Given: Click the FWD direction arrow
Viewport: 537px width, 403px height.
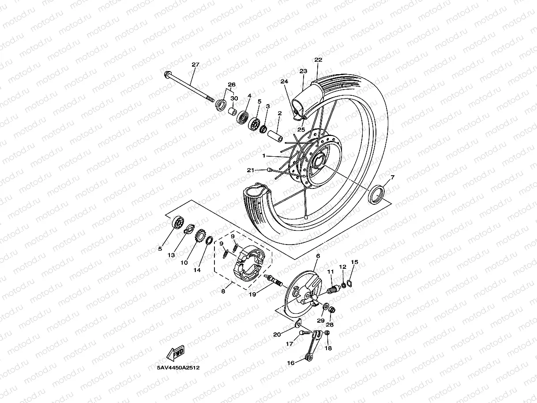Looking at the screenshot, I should click(x=175, y=353).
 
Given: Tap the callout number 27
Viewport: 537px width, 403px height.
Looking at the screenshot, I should click(x=195, y=64).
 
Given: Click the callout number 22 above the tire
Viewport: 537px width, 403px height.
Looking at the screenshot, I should click(x=318, y=60).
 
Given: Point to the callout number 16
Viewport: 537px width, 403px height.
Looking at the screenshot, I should click(x=291, y=363).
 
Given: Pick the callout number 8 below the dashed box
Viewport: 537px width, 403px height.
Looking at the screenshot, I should click(x=223, y=291).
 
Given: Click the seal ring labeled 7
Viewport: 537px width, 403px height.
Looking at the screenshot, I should click(x=376, y=195).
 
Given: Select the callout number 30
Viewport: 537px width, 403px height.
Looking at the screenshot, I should click(x=234, y=98).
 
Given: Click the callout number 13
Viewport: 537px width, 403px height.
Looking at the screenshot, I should click(x=171, y=255).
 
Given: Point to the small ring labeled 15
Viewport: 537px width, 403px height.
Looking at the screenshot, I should click(x=349, y=282).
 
